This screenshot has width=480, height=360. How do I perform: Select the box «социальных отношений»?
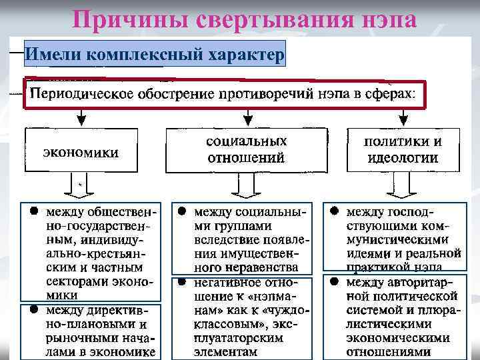(x=245, y=150)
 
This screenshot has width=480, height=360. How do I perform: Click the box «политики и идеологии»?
(x=402, y=150)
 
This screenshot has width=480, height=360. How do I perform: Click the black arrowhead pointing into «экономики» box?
(x=81, y=121)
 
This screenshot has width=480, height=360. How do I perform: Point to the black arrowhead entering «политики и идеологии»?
(x=402, y=121)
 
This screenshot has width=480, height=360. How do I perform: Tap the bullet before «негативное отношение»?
(x=181, y=282)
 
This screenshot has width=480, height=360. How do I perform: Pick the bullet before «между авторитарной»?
(x=333, y=282)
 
